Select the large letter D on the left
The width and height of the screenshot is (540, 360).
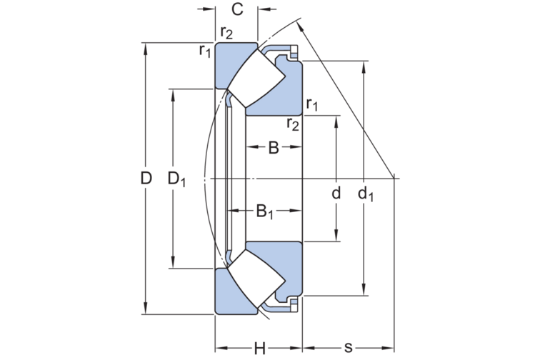click(x=146, y=179)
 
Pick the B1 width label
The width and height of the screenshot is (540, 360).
click(x=264, y=211)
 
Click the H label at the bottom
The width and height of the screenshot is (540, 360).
click(x=260, y=348)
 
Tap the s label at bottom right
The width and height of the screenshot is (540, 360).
click(x=349, y=348)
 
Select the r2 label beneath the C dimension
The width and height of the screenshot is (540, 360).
click(x=226, y=33)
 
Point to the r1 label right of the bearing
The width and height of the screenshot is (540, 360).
click(x=312, y=106)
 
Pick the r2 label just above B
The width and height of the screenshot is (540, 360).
click(x=293, y=124)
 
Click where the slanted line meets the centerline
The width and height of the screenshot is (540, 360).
click(x=395, y=178)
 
